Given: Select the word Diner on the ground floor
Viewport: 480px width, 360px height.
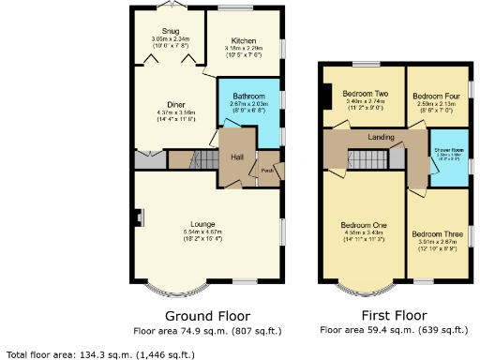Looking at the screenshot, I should (175, 104).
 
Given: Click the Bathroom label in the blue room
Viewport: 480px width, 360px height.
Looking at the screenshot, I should (248, 97).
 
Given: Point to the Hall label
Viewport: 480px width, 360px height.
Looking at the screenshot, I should (237, 157).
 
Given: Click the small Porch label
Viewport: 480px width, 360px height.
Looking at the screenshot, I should (267, 171).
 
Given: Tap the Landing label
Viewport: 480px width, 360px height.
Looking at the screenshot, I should (381, 138).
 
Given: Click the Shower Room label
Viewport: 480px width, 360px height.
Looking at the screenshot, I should (448, 150).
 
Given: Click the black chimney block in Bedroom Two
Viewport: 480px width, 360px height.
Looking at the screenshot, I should (325, 96).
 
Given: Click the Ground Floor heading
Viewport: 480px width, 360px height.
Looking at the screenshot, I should (207, 315).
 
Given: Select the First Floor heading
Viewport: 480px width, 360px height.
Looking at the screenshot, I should (394, 315).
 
